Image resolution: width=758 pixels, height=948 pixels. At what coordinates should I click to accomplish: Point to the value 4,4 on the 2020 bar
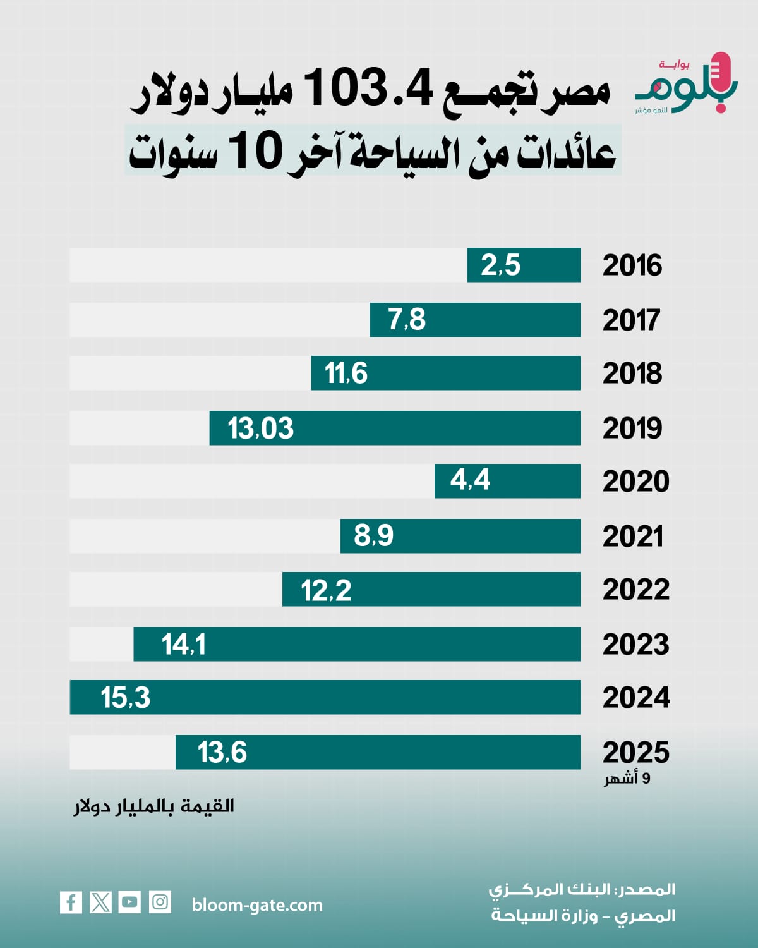470,480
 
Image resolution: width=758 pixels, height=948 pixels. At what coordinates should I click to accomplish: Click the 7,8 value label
407,320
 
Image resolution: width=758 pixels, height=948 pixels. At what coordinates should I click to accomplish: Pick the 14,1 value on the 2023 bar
183,645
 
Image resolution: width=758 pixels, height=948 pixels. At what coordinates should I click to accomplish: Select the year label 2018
632,374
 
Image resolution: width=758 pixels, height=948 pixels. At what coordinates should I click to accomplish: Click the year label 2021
632,537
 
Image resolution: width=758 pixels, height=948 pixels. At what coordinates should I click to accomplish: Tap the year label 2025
635,752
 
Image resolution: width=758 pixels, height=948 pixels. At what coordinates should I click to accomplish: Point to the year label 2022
635,590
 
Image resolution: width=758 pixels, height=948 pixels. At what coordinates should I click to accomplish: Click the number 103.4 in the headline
370,88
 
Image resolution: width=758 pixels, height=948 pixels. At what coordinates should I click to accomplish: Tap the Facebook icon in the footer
71,902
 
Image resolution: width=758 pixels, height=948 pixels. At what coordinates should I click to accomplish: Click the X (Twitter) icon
100,902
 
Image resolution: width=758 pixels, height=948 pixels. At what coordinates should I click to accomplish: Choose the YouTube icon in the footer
129,902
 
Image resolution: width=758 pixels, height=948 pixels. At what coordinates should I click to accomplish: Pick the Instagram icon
160,902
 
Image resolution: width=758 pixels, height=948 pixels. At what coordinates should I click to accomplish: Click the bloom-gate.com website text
257,905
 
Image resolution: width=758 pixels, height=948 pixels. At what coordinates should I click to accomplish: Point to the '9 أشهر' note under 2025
627,778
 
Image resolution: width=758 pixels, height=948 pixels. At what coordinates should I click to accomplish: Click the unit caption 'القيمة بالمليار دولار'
154,806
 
